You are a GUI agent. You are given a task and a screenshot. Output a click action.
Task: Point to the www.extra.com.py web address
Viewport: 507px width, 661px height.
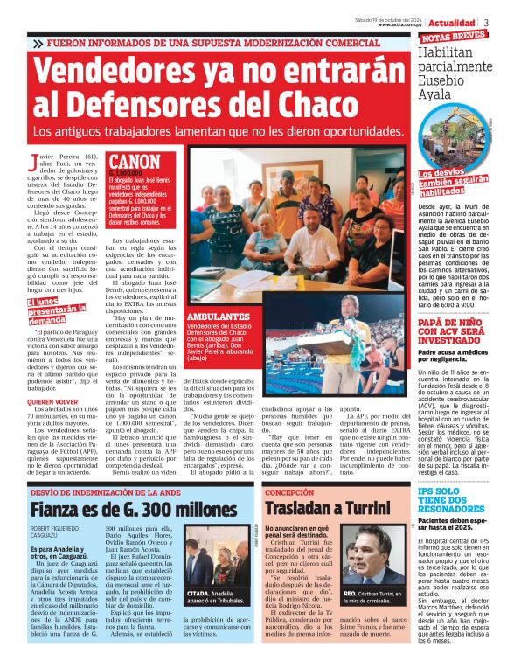[401, 24]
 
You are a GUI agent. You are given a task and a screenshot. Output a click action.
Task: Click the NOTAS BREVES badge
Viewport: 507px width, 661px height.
[453, 37]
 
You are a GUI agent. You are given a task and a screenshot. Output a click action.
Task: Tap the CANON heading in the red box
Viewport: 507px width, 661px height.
[135, 162]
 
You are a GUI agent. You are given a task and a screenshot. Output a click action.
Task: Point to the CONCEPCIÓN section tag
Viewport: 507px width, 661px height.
[288, 491]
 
